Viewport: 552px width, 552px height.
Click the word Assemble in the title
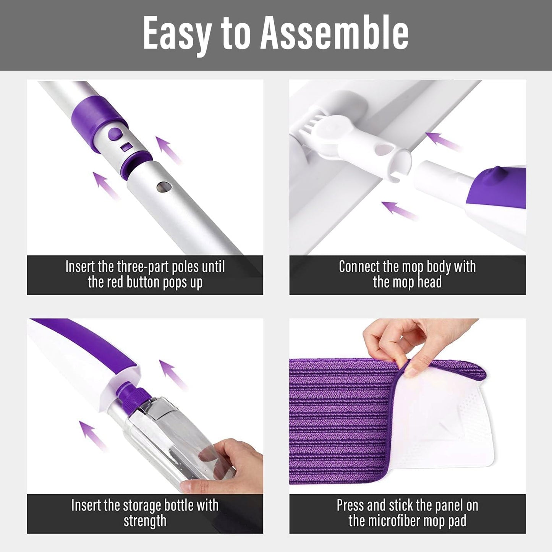335,33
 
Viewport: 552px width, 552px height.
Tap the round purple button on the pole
115,134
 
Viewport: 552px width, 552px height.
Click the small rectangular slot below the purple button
126,147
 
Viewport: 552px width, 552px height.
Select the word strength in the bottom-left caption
145,521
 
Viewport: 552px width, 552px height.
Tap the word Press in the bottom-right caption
350,505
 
